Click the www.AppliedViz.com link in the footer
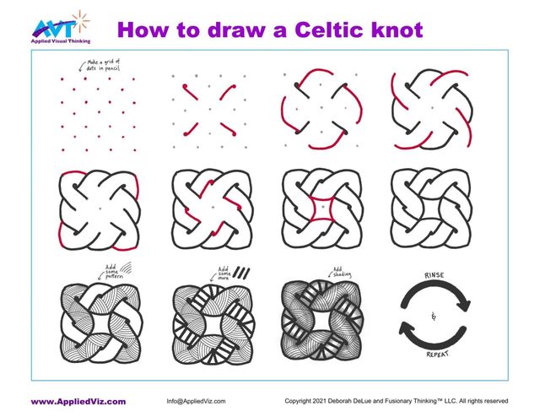78,401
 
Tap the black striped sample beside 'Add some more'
243,273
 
